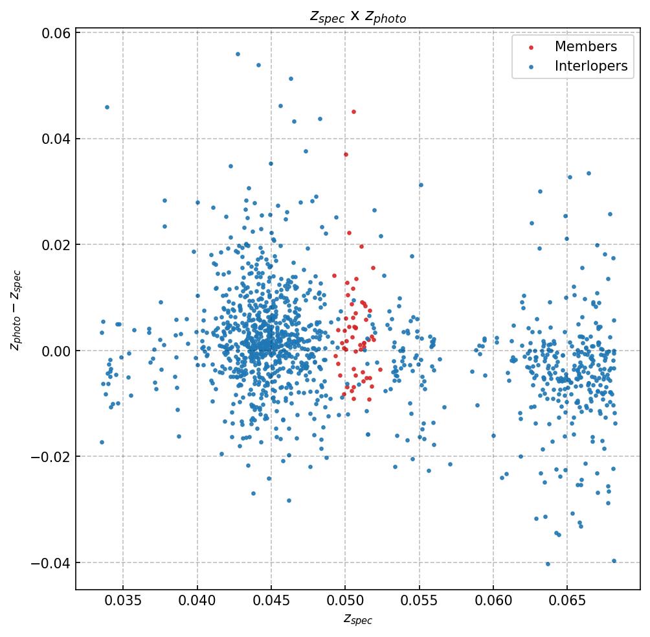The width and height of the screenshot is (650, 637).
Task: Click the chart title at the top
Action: tap(357, 17)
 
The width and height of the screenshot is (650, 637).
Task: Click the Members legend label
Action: tap(585, 47)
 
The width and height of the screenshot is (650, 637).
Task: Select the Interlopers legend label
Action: tap(590, 66)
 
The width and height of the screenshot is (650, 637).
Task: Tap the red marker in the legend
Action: tap(532, 47)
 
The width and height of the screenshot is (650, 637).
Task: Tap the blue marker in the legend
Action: tap(532, 67)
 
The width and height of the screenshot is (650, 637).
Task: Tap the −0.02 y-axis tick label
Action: tap(49, 457)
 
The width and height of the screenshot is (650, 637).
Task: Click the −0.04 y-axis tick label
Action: tap(49, 562)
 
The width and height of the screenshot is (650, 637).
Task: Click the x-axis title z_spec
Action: tap(357, 620)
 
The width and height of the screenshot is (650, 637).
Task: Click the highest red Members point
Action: tap(353, 111)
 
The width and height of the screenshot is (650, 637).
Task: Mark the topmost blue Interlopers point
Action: tap(238, 54)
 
